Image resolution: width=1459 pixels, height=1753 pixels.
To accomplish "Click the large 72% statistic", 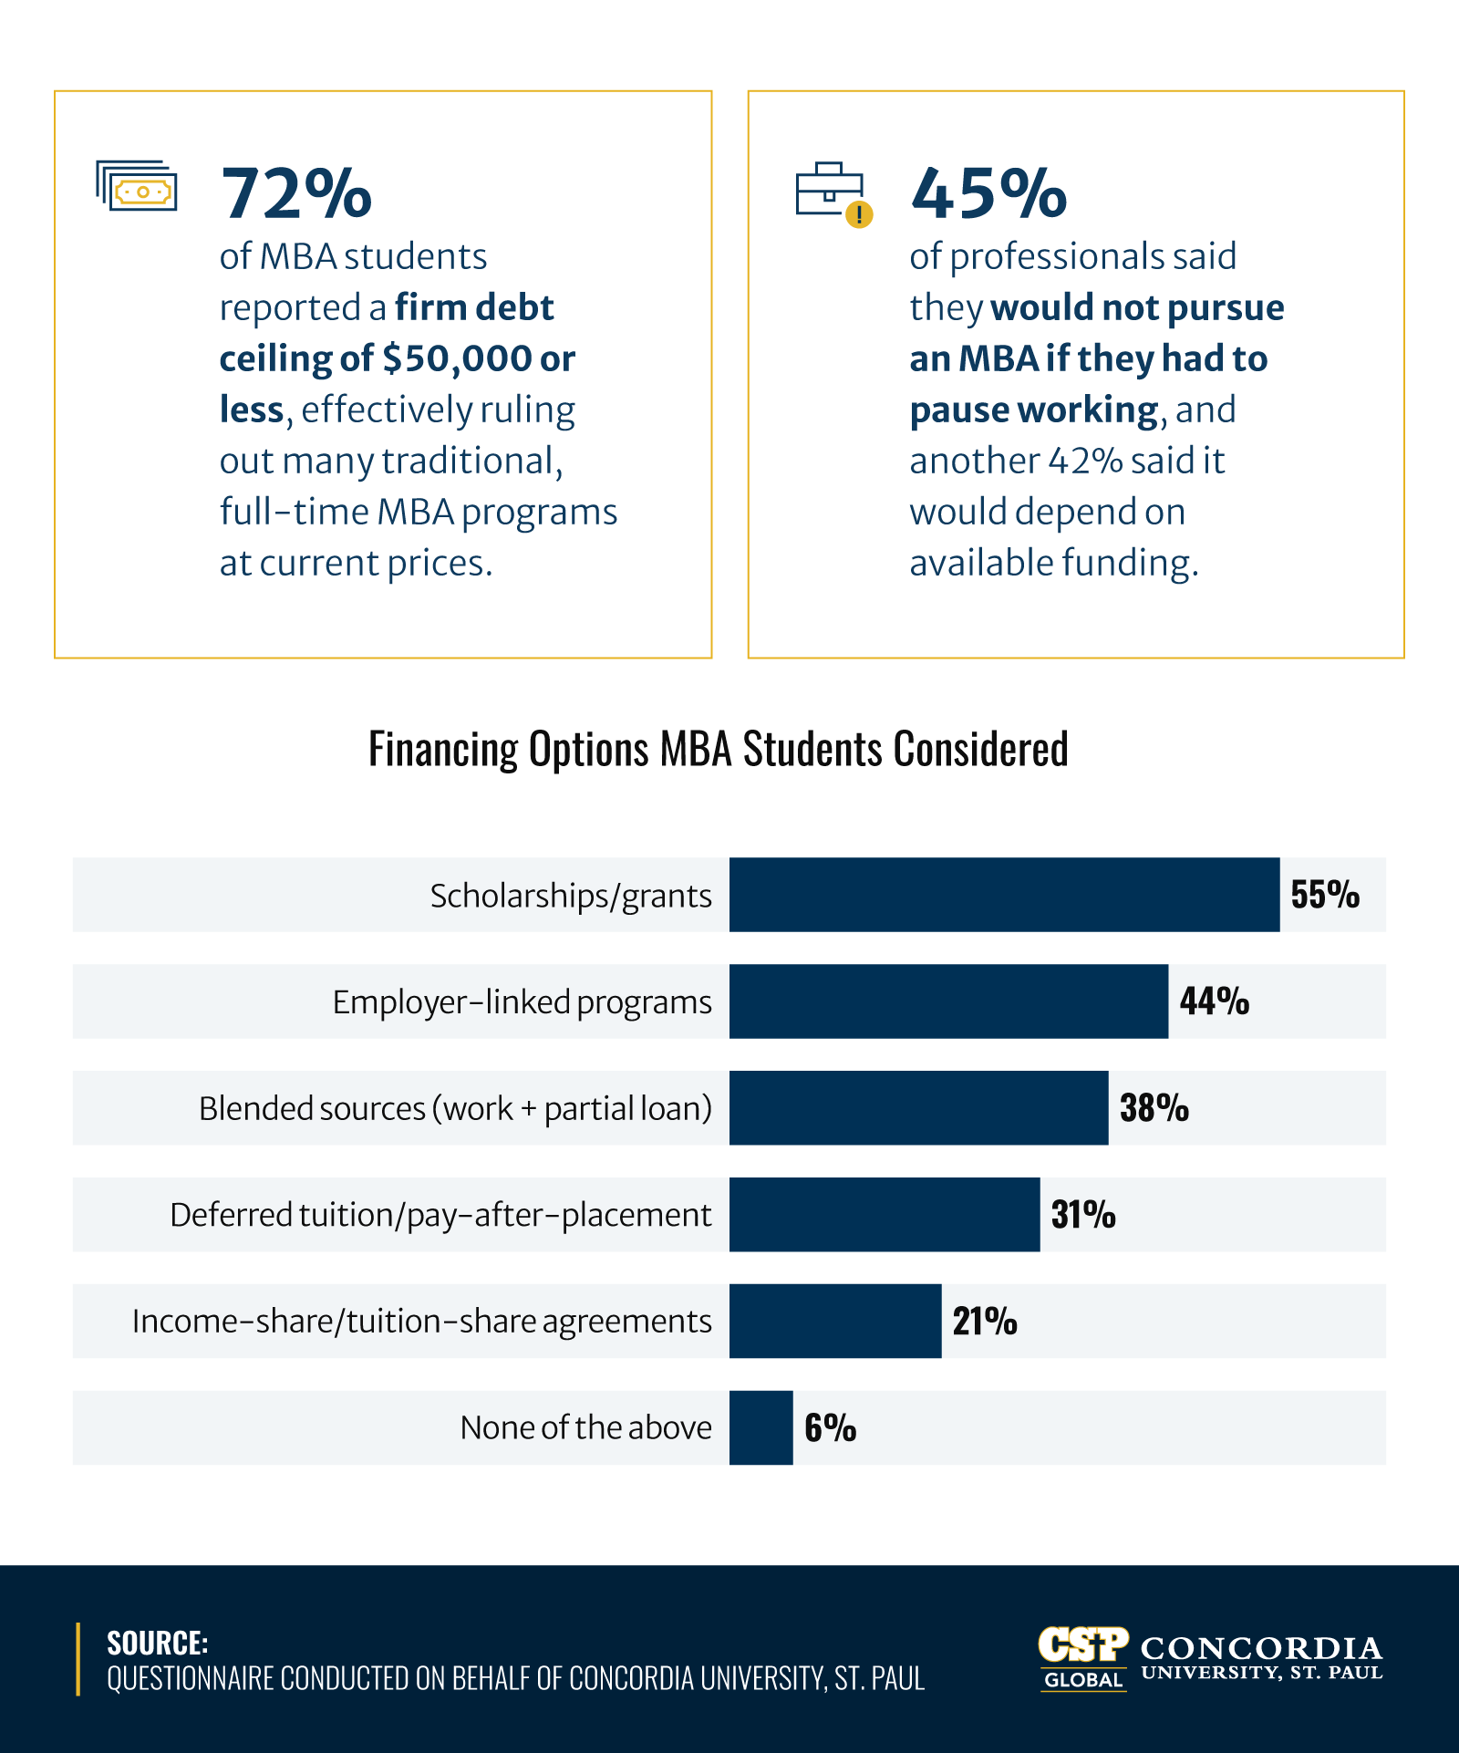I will [296, 193].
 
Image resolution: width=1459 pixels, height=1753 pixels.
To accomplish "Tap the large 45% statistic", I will [988, 193].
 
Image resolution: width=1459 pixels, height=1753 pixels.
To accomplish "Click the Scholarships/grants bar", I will [1004, 895].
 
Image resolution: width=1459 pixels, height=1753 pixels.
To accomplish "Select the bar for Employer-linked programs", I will [948, 1001].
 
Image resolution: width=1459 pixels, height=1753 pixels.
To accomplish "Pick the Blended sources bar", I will [918, 1108].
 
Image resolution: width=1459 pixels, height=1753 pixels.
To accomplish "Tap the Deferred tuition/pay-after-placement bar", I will [885, 1215].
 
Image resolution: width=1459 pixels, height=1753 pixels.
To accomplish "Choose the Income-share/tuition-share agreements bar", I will [835, 1322].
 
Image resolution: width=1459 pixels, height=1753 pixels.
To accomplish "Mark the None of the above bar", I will [761, 1428].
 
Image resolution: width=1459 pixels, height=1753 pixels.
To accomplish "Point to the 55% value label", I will [1325, 895].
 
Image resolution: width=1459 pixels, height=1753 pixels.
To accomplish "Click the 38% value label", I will [1154, 1108].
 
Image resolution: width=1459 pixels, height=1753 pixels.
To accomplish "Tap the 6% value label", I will [830, 1428].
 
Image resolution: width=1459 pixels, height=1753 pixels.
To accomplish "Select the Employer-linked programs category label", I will [522, 1002].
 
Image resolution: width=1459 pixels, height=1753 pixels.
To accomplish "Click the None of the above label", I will [585, 1428].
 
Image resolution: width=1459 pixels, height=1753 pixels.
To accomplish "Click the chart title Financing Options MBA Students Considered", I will [718, 750].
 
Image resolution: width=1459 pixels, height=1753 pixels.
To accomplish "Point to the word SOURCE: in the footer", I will [157, 1644].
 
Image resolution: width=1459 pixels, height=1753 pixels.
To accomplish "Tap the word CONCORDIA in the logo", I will [1261, 1648].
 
